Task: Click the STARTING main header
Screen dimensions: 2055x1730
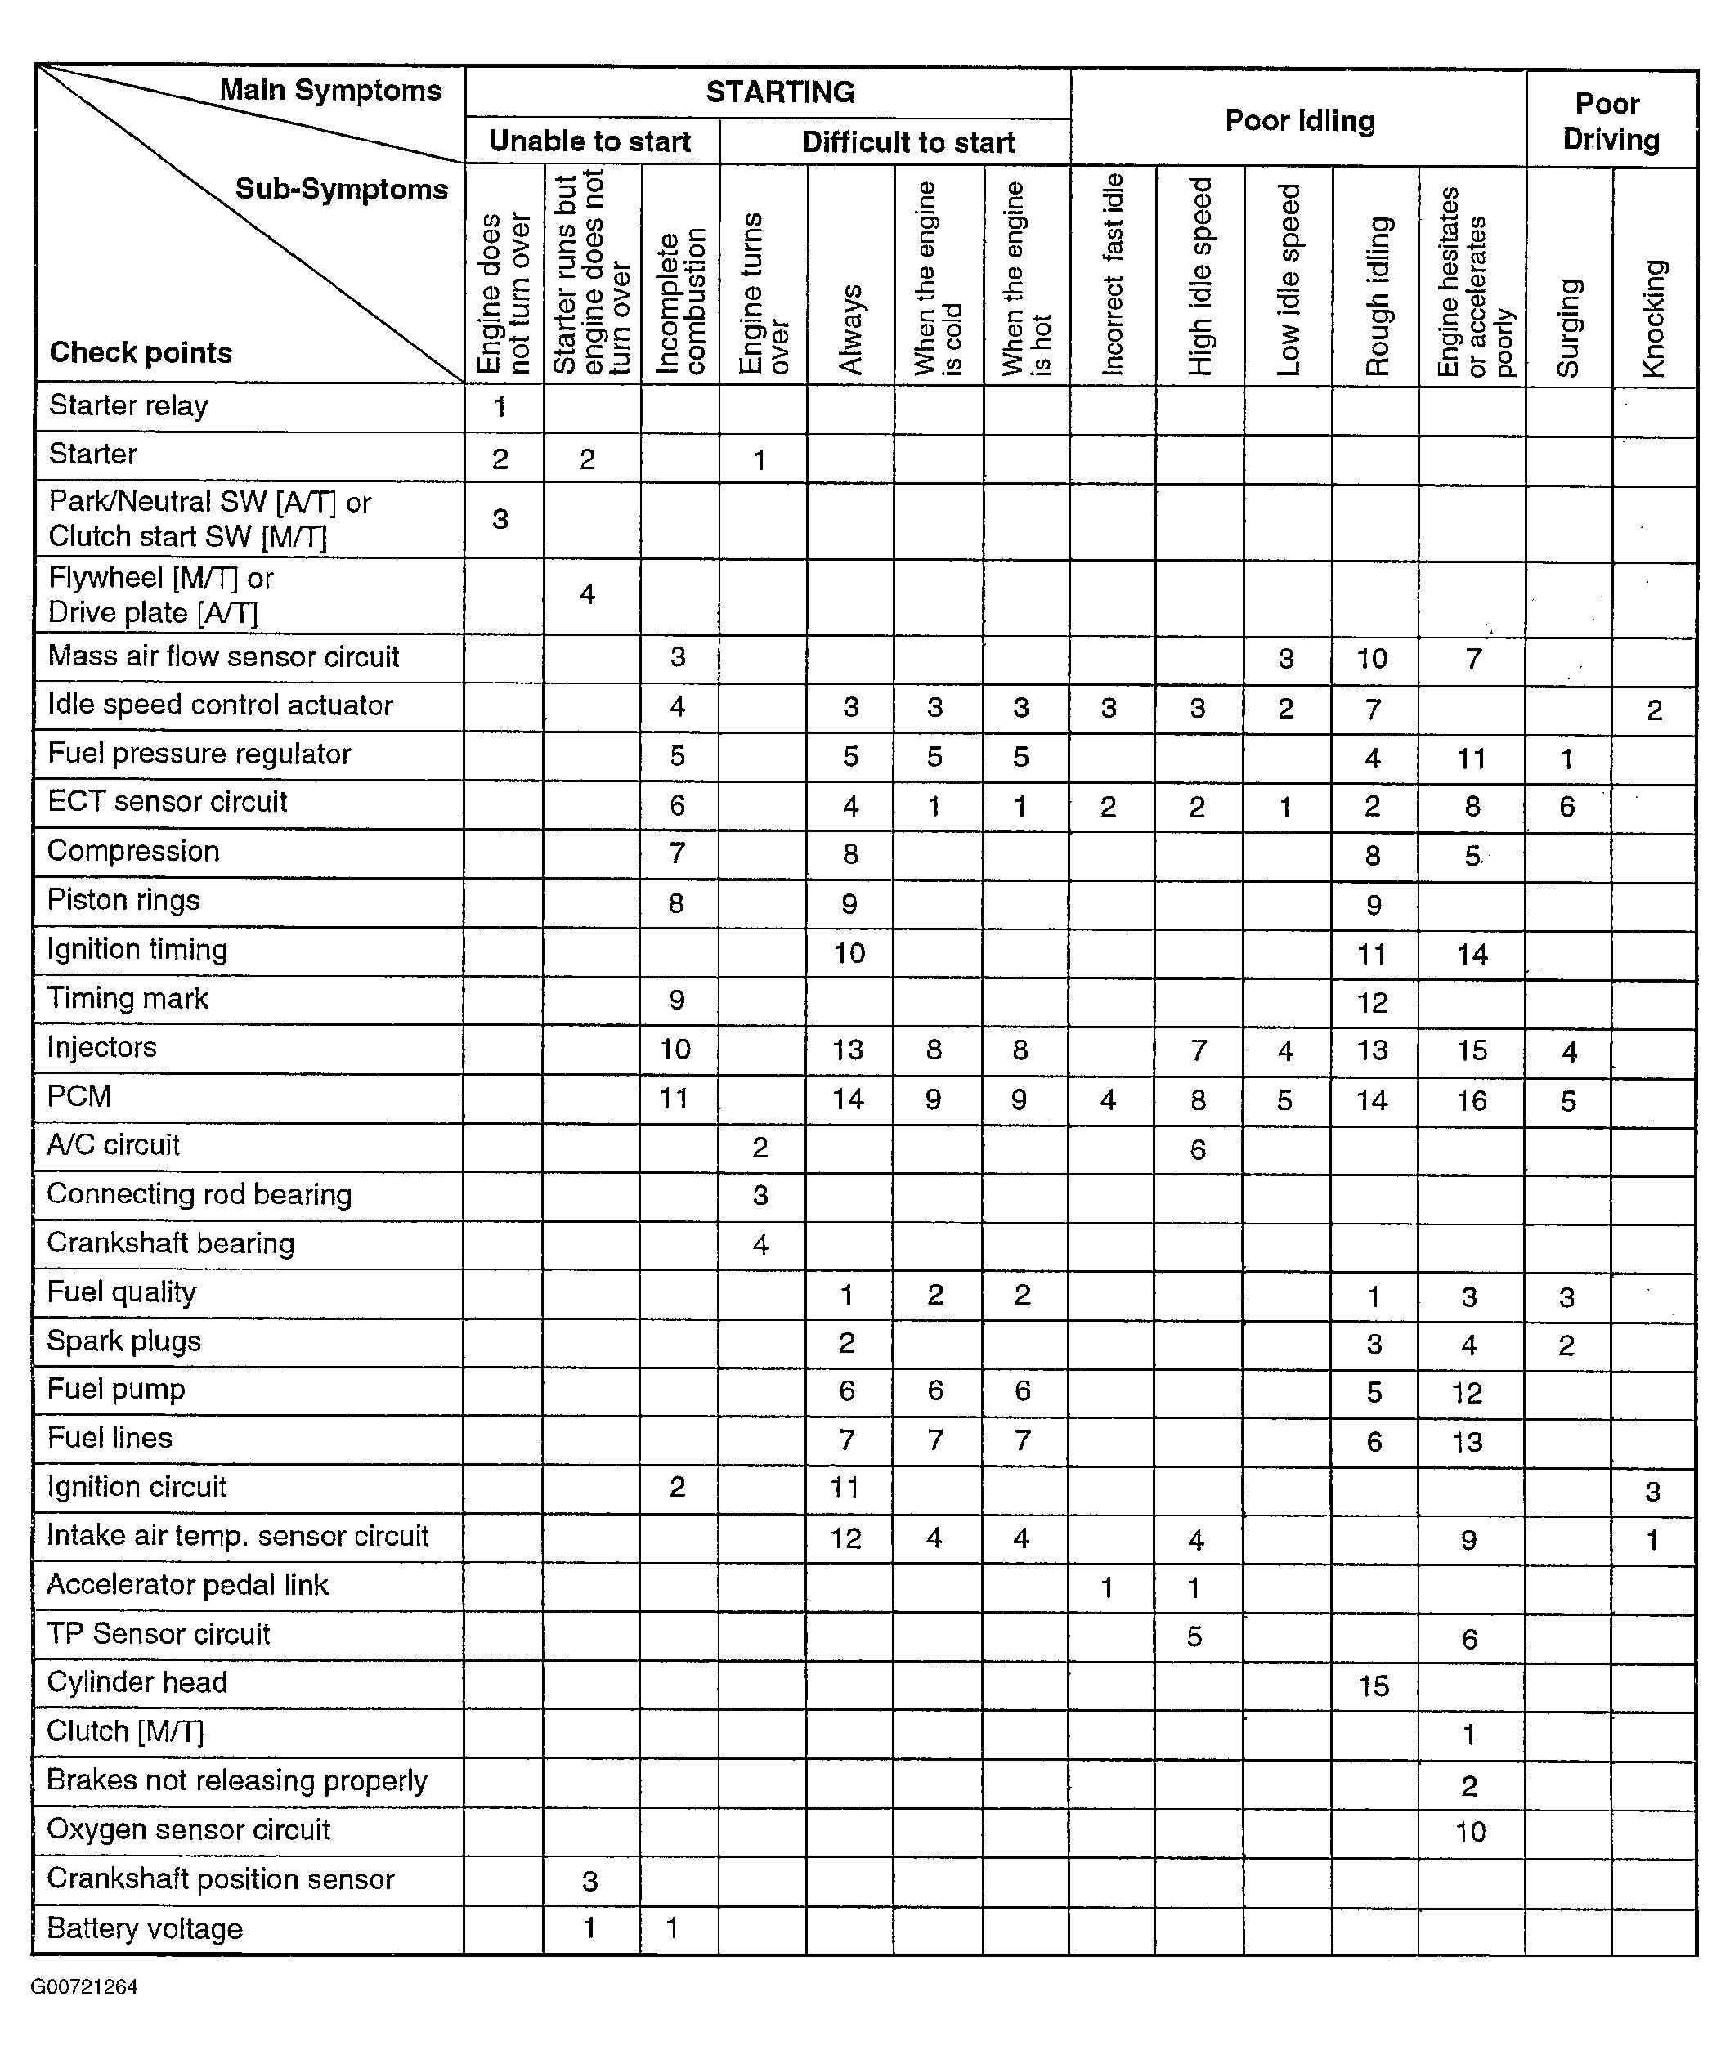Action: (780, 92)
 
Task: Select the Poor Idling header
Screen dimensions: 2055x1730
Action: (1299, 121)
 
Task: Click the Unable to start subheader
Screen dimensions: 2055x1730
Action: (589, 141)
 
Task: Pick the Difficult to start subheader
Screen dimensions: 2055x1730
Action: (908, 142)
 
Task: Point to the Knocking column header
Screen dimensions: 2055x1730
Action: (1653, 318)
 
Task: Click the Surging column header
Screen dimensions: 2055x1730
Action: (1569, 328)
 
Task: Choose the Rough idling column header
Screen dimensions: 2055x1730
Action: (1378, 296)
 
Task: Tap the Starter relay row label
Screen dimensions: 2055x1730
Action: (128, 406)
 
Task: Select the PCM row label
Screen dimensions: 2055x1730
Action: (79, 1095)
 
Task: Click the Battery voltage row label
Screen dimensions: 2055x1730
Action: (146, 1928)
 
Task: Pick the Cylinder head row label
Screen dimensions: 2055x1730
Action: (137, 1682)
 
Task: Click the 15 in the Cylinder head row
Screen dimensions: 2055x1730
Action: (1373, 1686)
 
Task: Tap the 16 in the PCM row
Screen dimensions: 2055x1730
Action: (1471, 1101)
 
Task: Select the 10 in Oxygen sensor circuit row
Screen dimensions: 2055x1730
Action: (1470, 1832)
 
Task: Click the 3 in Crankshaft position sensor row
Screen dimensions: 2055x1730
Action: (589, 1881)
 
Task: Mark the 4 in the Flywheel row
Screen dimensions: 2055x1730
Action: (588, 594)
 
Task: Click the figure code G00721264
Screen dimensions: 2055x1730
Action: (84, 1987)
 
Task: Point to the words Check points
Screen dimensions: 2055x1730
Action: (141, 353)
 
